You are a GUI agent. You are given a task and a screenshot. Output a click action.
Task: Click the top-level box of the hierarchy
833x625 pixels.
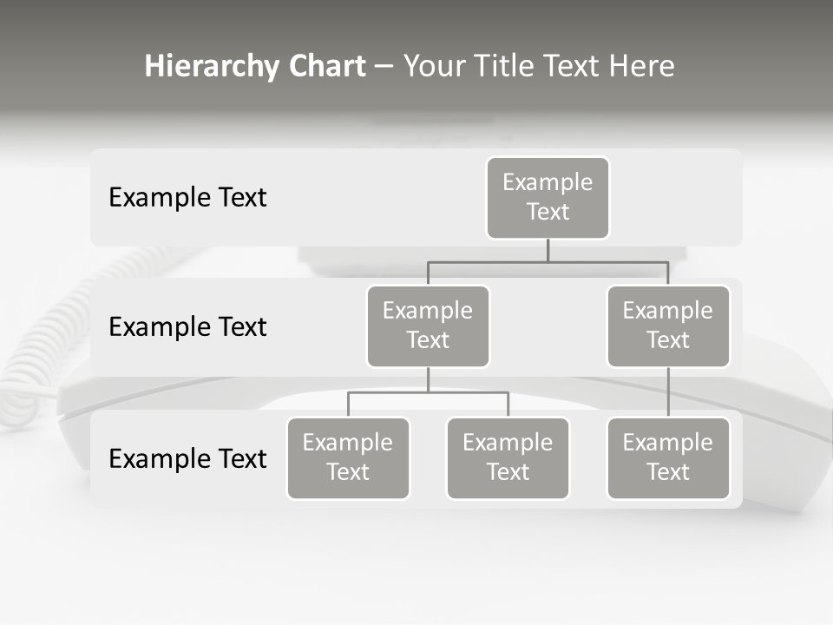point(548,197)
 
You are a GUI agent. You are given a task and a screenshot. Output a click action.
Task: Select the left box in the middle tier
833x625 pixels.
point(428,326)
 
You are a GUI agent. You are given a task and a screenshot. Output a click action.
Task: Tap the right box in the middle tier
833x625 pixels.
point(668,326)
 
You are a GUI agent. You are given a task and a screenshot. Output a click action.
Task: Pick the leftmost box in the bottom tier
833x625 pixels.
point(348,457)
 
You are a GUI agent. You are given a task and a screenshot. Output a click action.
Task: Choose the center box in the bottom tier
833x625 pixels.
point(508,457)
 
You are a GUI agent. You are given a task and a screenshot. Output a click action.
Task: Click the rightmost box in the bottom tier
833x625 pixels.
point(668,457)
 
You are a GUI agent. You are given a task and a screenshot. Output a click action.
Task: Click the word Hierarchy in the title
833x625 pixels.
point(212,67)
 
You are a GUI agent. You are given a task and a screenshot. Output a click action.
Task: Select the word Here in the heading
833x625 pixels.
point(641,67)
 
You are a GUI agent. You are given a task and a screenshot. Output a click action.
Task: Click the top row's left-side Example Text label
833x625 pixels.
point(187,197)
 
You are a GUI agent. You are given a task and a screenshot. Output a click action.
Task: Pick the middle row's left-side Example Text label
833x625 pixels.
point(187,326)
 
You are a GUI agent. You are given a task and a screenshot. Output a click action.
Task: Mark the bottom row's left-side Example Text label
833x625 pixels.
point(187,458)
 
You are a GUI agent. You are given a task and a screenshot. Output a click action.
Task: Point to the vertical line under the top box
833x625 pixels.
point(548,250)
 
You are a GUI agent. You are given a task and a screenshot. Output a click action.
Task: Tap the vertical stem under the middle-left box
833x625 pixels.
point(428,380)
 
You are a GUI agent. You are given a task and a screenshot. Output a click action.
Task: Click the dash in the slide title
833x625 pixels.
point(384,67)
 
